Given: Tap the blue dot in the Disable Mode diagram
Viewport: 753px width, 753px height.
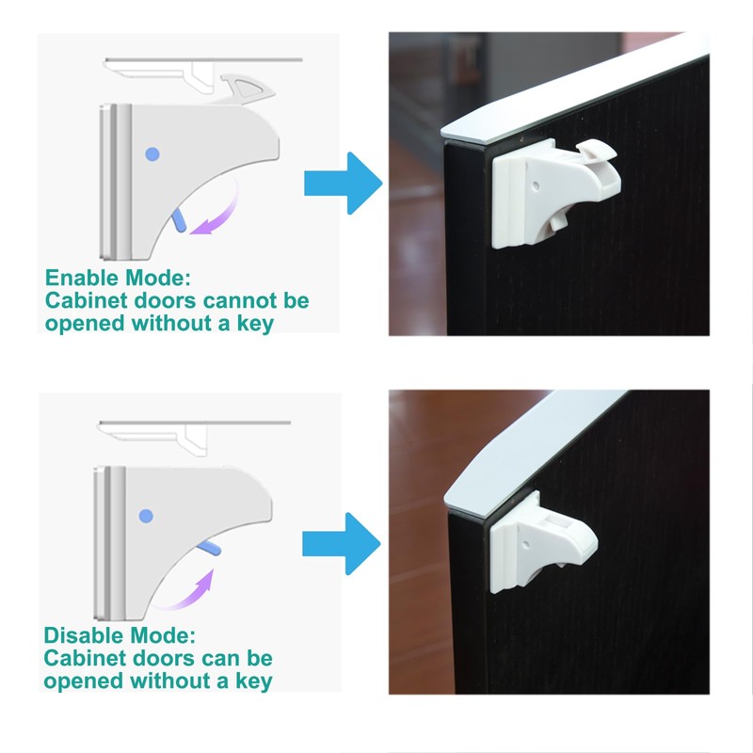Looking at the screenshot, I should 145,515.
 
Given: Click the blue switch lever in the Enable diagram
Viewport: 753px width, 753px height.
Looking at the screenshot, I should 179,219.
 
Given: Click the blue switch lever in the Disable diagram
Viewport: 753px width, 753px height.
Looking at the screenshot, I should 209,550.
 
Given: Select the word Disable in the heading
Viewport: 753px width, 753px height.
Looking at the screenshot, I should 84,635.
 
